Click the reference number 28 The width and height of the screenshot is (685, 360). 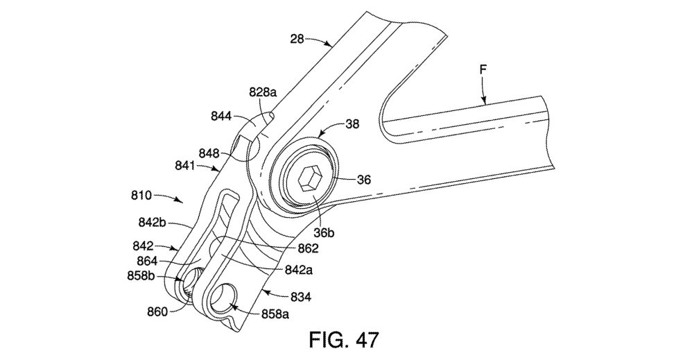pyautogui.click(x=297, y=40)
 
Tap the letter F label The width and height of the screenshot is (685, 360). pyautogui.click(x=483, y=69)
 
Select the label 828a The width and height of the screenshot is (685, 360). pyautogui.click(x=263, y=93)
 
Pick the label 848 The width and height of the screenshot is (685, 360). pyautogui.click(x=209, y=154)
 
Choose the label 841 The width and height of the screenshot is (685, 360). pyautogui.click(x=186, y=166)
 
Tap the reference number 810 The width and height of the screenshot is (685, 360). pyautogui.click(x=141, y=196)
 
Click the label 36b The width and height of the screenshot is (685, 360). pyautogui.click(x=324, y=233)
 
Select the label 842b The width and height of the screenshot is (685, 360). pyautogui.click(x=153, y=222)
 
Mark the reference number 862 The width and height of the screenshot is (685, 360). pyautogui.click(x=308, y=248)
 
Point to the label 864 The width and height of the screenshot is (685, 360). pyautogui.click(x=147, y=261)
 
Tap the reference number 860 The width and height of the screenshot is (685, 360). pyautogui.click(x=157, y=311)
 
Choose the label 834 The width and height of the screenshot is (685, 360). pyautogui.click(x=301, y=297)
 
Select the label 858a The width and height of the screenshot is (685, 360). pyautogui.click(x=275, y=314)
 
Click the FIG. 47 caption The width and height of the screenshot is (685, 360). pyautogui.click(x=345, y=340)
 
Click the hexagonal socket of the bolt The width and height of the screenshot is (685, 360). pyautogui.click(x=310, y=178)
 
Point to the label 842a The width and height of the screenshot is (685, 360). pyautogui.click(x=299, y=270)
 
